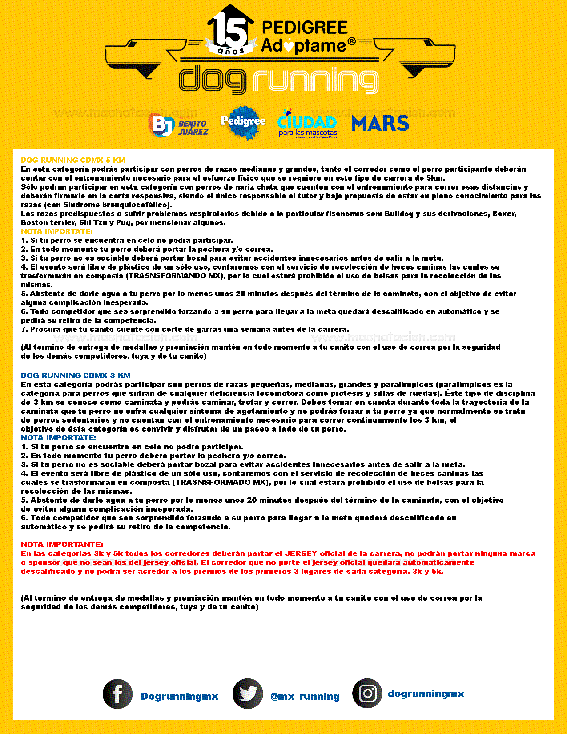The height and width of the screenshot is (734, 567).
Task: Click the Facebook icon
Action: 117,694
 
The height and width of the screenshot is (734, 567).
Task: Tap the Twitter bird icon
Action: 248,694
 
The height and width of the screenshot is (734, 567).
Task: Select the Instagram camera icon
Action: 367,693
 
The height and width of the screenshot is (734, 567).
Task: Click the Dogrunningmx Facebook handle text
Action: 179,696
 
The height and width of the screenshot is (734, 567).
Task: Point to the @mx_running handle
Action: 305,696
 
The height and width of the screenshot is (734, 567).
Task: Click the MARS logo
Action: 380,123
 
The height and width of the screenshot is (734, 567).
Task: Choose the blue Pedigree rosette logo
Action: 243,122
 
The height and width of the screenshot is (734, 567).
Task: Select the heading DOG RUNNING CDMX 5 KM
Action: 73,160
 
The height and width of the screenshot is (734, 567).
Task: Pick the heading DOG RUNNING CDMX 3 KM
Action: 76,375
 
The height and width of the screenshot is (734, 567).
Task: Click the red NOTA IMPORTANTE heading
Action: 62,544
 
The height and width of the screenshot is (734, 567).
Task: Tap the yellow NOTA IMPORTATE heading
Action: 57,231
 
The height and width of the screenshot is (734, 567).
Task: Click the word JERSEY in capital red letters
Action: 301,553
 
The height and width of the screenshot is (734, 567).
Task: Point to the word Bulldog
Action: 398,214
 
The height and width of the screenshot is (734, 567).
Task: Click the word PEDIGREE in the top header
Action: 305,28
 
